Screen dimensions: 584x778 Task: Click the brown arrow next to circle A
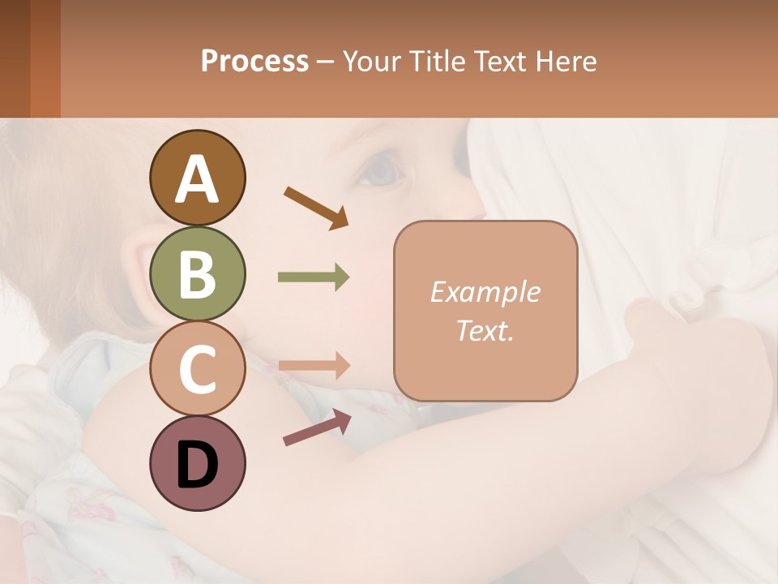click(x=316, y=207)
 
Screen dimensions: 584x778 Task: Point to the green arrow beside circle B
click(x=314, y=277)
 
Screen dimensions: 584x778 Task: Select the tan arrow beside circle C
click(x=314, y=366)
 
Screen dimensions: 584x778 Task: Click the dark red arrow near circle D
click(x=317, y=427)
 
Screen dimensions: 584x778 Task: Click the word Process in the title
click(x=254, y=62)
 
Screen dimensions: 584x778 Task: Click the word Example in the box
click(x=485, y=292)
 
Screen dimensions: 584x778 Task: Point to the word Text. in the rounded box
click(x=485, y=330)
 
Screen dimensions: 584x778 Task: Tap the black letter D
click(x=197, y=465)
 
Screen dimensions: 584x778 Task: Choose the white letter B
click(x=197, y=274)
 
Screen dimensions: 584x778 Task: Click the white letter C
click(x=197, y=369)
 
